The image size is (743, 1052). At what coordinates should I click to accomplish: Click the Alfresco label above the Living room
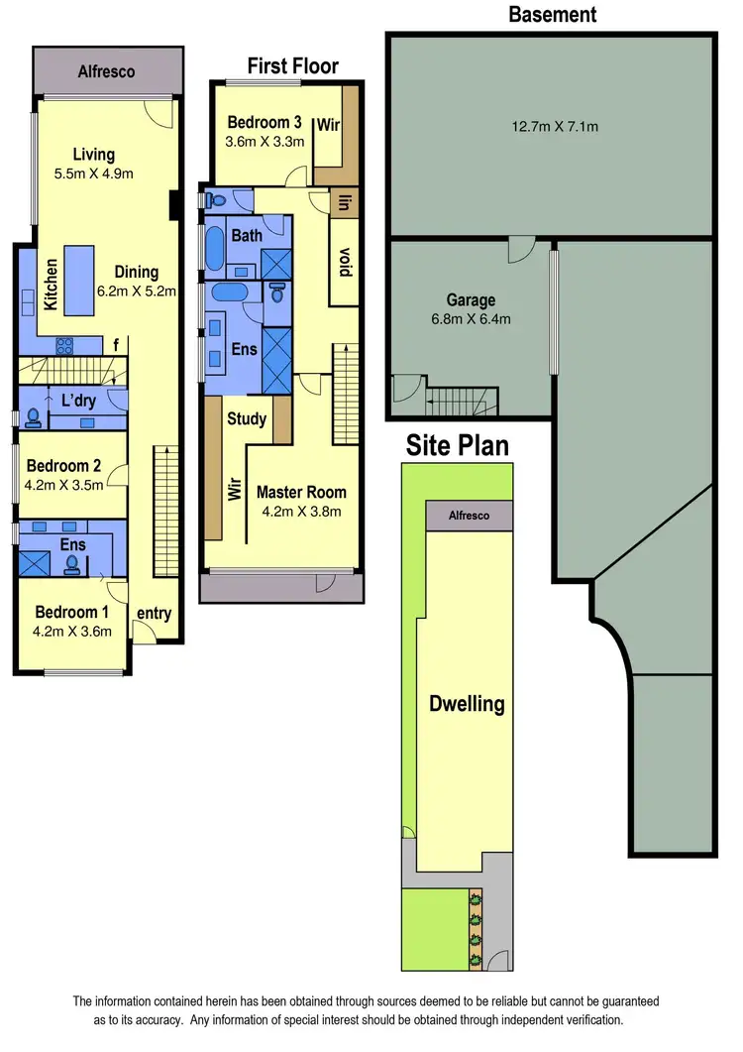(106, 71)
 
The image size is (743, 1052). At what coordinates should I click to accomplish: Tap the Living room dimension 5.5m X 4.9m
(93, 175)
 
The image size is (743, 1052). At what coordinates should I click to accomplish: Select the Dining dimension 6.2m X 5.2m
(136, 292)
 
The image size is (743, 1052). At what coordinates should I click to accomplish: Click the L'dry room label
(77, 403)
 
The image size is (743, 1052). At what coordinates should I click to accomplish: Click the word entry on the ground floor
(154, 614)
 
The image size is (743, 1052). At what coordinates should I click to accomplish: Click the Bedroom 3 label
(265, 123)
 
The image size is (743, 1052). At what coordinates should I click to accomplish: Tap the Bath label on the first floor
(247, 236)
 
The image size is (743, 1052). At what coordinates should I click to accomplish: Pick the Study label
(247, 418)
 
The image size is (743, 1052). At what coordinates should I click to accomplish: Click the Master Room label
(301, 492)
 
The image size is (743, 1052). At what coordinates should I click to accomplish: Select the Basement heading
(552, 14)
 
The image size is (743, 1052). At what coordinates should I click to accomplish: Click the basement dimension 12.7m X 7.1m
(555, 126)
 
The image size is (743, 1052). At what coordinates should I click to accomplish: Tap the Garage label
(471, 300)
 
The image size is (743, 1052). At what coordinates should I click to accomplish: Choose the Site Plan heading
(458, 445)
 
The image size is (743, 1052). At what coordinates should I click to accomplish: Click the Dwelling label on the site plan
(467, 705)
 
